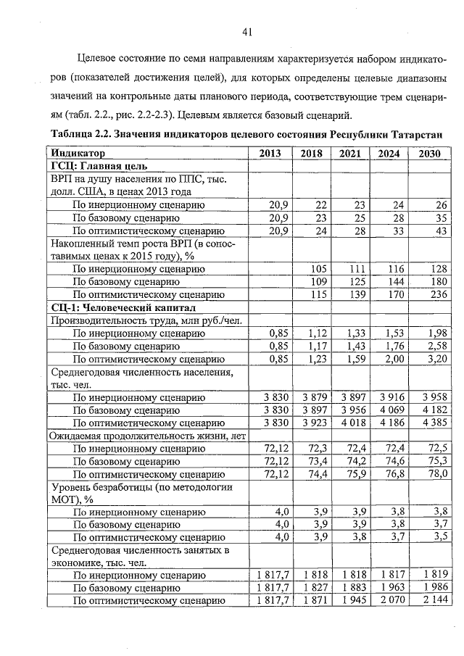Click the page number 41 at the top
pyautogui.click(x=246, y=31)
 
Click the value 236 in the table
pyautogui.click(x=435, y=295)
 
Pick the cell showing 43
pyautogui.click(x=439, y=231)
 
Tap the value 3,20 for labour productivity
pyautogui.click(x=434, y=358)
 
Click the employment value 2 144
pyautogui.click(x=431, y=601)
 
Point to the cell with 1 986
pyautogui.click(x=431, y=589)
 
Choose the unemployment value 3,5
pyautogui.click(x=436, y=537)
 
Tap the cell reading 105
pyautogui.click(x=318, y=269)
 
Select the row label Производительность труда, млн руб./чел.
pyautogui.click(x=145, y=320)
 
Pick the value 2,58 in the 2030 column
pyautogui.click(x=434, y=346)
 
